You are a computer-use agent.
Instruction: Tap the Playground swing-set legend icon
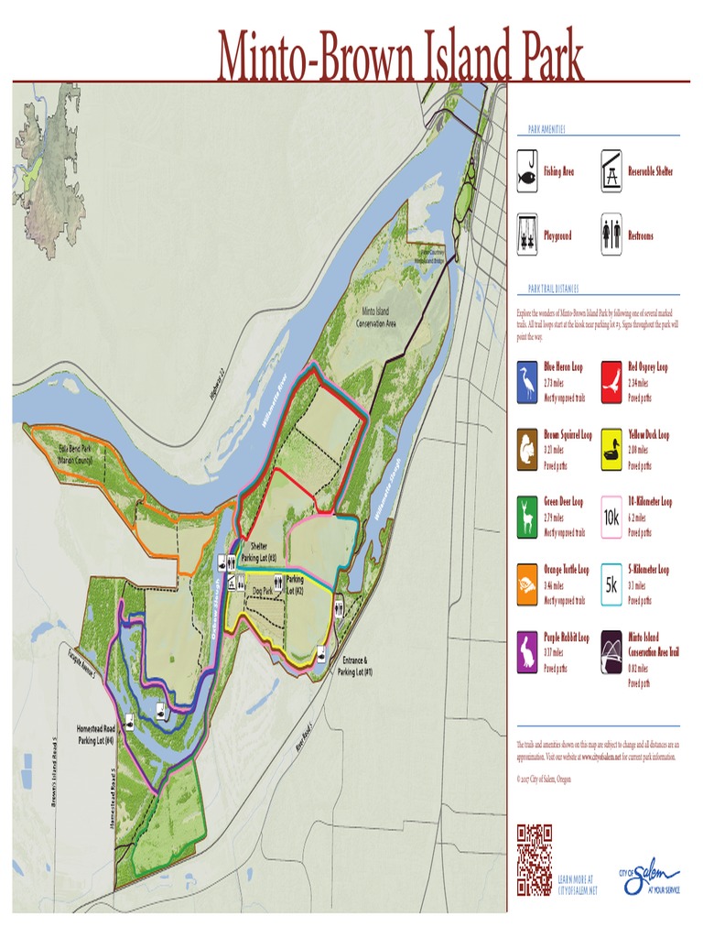click(x=526, y=235)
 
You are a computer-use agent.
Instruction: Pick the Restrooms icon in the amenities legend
click(x=611, y=235)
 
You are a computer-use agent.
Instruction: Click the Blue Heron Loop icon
click(x=526, y=382)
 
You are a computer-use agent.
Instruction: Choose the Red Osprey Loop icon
click(x=611, y=382)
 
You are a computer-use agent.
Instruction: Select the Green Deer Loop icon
click(x=526, y=518)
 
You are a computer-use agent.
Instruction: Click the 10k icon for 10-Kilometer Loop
click(x=611, y=518)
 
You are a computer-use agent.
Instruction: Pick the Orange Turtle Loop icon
click(x=526, y=584)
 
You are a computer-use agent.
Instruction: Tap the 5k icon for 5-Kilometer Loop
click(x=611, y=584)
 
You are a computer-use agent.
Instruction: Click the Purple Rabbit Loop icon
click(x=526, y=651)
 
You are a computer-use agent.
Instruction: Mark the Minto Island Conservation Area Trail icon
click(x=611, y=651)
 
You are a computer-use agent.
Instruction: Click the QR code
click(x=535, y=859)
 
